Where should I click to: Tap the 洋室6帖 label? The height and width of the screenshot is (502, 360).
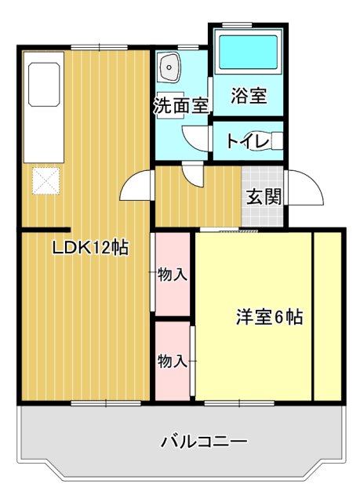tap(270, 318)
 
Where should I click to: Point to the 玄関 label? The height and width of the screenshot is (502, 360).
tap(264, 196)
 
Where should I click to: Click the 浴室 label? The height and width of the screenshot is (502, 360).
tap(249, 96)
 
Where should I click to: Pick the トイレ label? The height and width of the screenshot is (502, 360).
tap(248, 141)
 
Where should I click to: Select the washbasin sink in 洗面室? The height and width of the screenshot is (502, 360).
tap(169, 69)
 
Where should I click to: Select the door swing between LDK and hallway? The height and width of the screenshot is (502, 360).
tap(136, 187)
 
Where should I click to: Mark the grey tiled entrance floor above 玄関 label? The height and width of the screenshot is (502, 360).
tap(263, 176)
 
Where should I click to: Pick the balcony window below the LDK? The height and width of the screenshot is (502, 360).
tap(105, 403)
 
